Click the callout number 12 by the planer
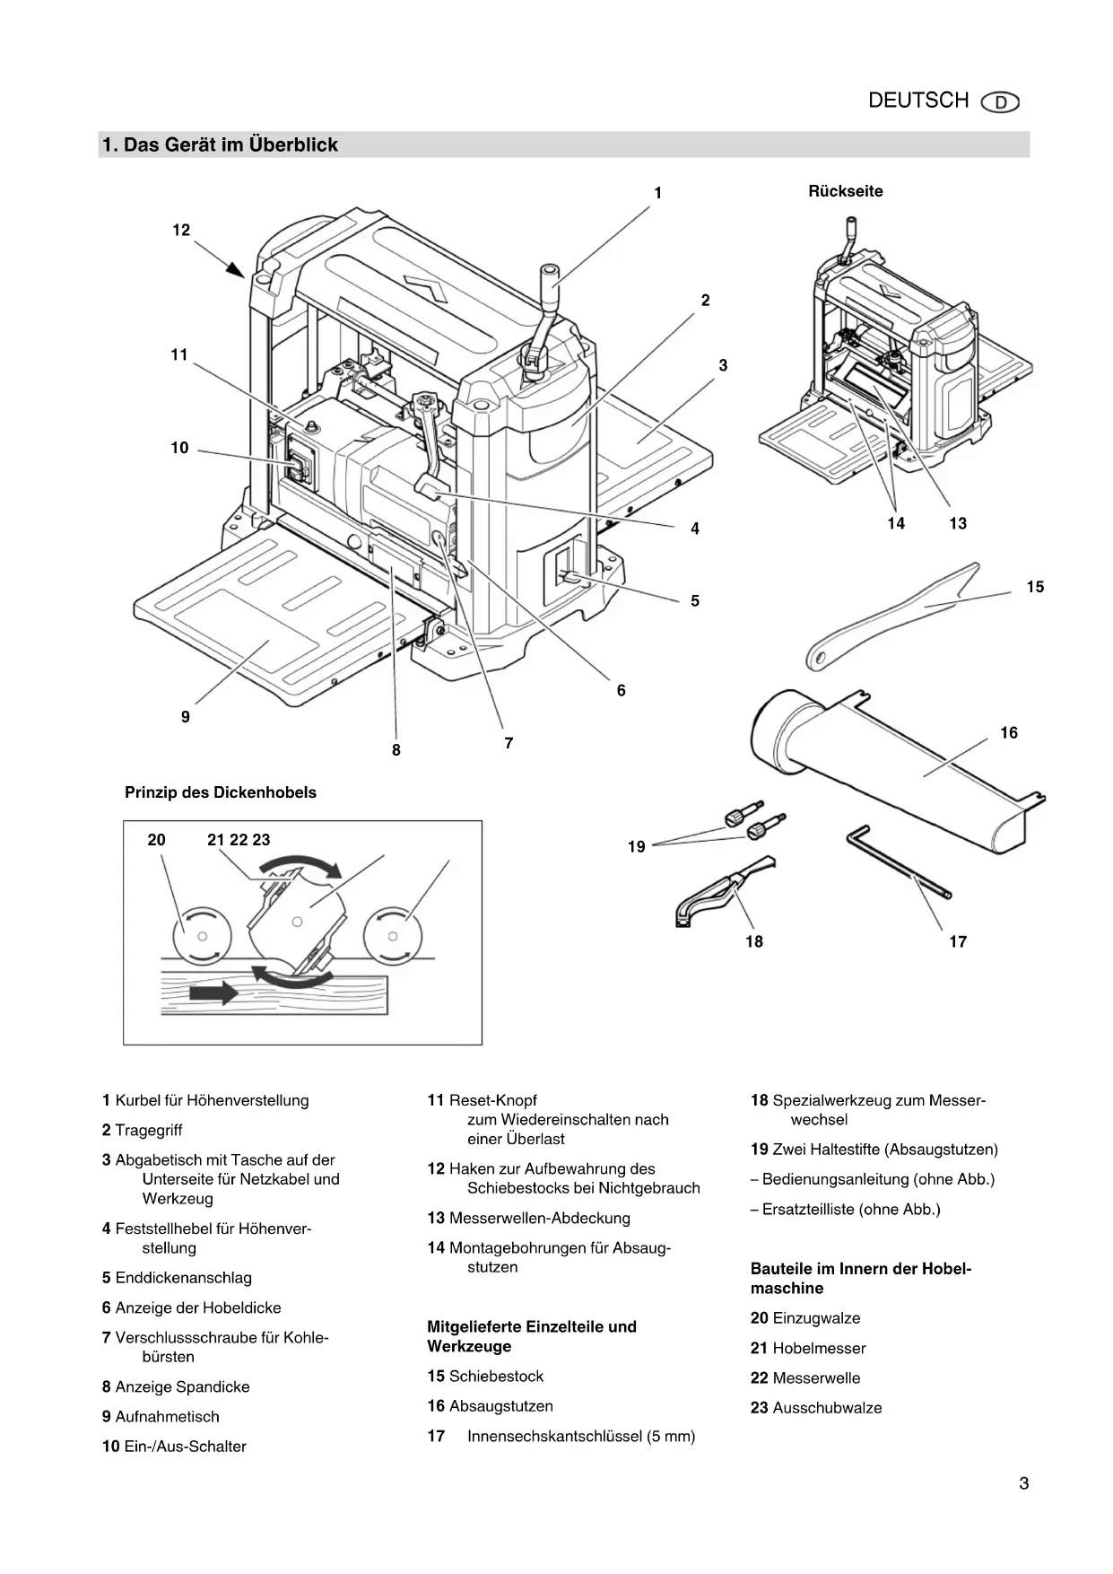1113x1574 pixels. point(181,231)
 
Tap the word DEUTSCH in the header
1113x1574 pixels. point(918,101)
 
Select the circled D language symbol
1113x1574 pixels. point(1001,102)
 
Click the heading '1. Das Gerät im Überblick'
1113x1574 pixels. point(220,145)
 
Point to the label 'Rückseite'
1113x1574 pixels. point(846,191)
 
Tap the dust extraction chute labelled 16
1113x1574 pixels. point(897,772)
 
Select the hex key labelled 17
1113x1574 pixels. point(899,861)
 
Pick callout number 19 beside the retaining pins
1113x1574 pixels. point(636,846)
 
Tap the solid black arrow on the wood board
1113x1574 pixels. point(213,992)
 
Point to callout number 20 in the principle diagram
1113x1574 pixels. point(156,840)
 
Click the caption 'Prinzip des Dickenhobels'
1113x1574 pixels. point(221,792)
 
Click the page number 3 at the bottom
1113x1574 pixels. point(1023,1483)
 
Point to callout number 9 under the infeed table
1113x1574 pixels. point(186,717)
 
